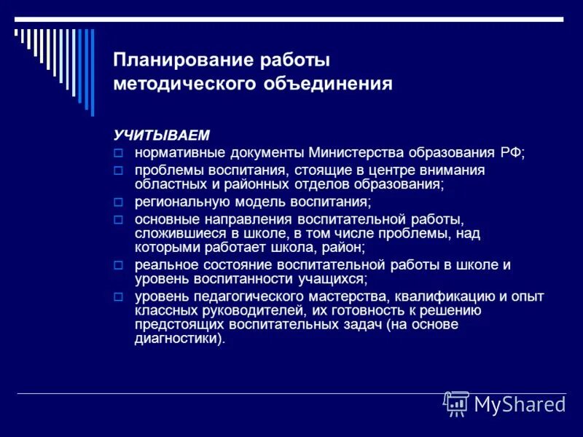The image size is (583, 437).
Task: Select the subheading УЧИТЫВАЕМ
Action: pyautogui.click(x=160, y=135)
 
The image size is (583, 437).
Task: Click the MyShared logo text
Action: pyautogui.click(x=519, y=403)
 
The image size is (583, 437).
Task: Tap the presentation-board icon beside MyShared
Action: pyautogui.click(x=456, y=403)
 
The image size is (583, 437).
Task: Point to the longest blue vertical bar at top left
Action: pyautogui.click(x=92, y=71)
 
